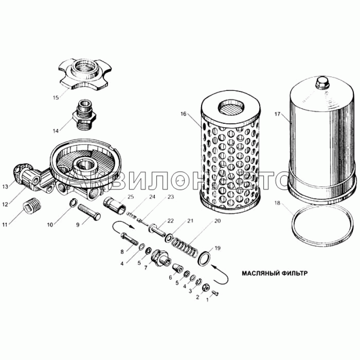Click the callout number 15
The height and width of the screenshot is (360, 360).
coord(56,98)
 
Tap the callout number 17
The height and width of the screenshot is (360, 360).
coord(277,114)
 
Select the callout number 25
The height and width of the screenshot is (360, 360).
coord(130,197)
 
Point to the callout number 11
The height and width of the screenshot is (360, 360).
coord(5,225)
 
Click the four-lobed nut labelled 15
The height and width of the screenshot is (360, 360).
coord(85,74)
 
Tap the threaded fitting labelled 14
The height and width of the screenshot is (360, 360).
coord(85,115)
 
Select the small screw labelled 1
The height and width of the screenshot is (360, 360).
coord(216,293)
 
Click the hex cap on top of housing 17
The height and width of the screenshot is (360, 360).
coord(322,83)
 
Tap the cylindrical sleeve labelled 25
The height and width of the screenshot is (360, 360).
coord(115,206)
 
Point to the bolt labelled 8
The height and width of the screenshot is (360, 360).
coord(129,239)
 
